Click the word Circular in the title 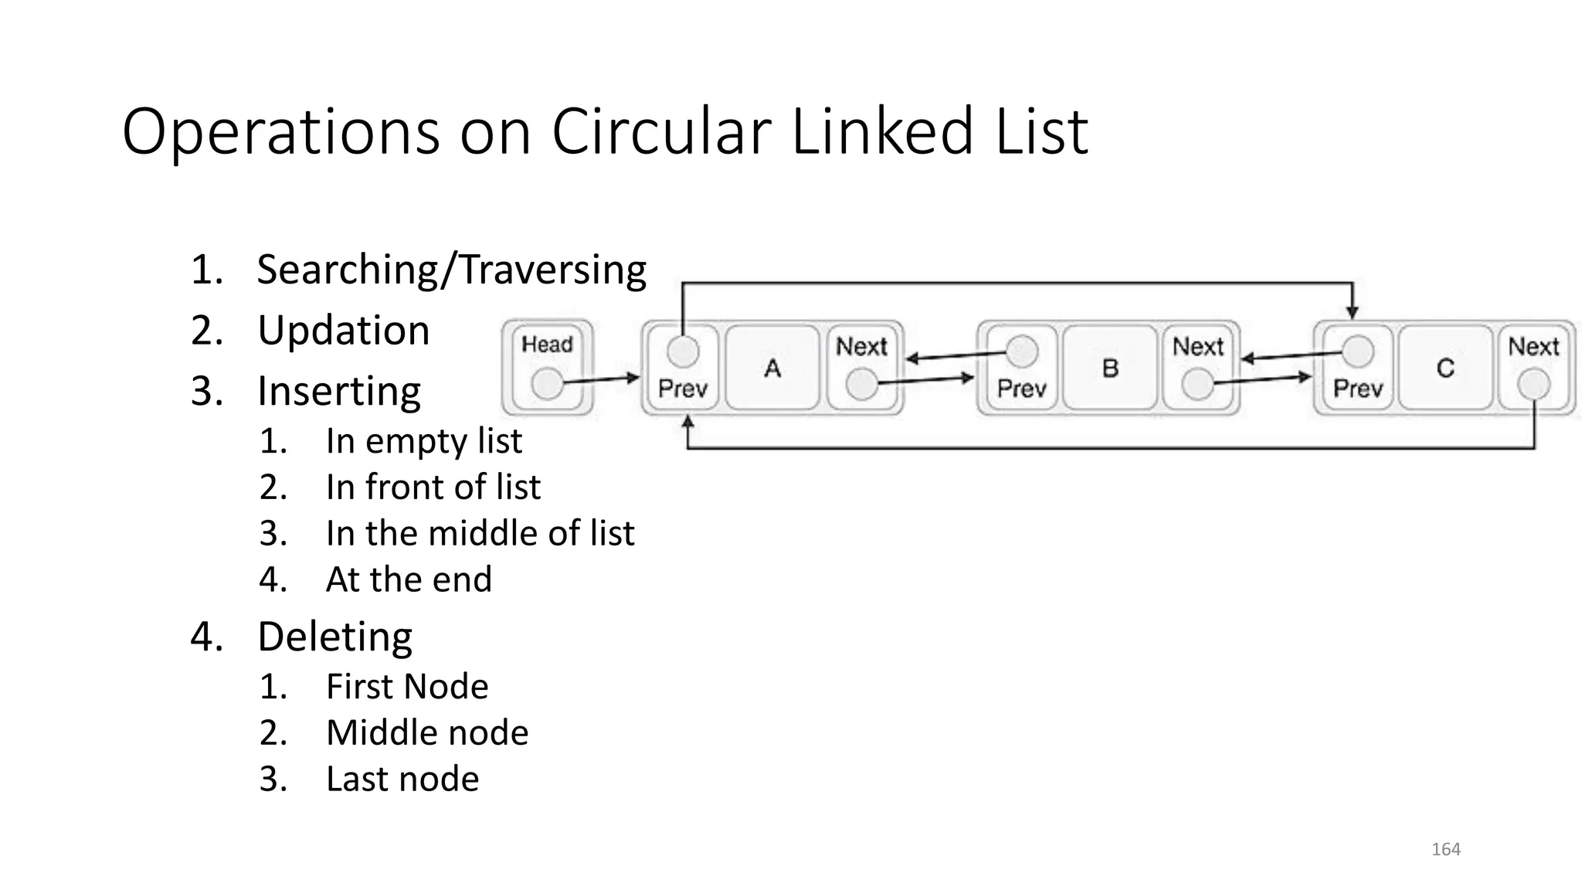click(x=660, y=131)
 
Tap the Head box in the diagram click(x=547, y=367)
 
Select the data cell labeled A click(x=772, y=368)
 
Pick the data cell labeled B click(x=1110, y=368)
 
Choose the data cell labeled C click(x=1445, y=368)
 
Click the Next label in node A click(x=861, y=347)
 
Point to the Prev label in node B click(x=1021, y=388)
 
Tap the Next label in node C click(x=1533, y=347)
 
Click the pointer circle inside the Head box click(x=548, y=383)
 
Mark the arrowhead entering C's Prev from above click(x=1352, y=312)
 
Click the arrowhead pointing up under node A click(x=687, y=423)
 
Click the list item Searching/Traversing click(x=451, y=270)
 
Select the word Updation click(x=343, y=331)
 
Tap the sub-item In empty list click(x=423, y=441)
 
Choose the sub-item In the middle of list click(x=480, y=533)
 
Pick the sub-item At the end click(x=409, y=579)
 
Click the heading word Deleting click(x=334, y=637)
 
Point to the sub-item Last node click(x=402, y=779)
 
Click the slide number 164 click(x=1445, y=850)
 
